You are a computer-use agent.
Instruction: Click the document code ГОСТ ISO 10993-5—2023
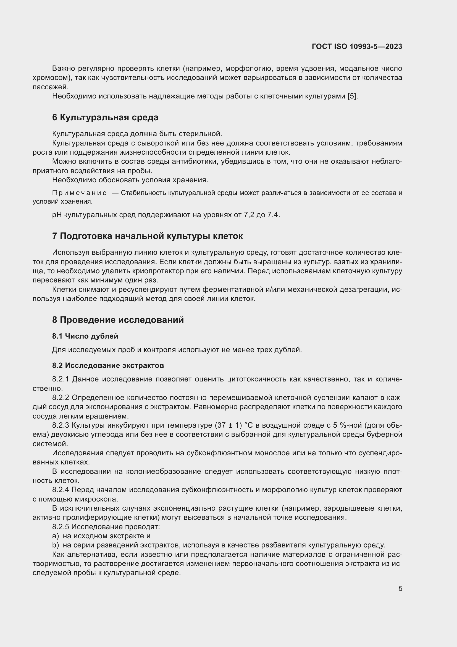point(357,46)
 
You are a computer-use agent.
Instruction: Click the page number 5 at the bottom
point(400,588)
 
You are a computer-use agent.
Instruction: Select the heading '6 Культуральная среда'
point(105,118)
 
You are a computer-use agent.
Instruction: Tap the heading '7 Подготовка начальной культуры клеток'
point(147,236)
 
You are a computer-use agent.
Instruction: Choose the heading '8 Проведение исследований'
point(118,320)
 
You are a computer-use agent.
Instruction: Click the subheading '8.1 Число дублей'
point(85,336)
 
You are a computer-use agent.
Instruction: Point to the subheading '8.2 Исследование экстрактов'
point(108,365)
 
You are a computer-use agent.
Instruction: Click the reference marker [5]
point(352,96)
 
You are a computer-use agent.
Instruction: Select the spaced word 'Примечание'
point(79,193)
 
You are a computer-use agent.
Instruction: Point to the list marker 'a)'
point(56,536)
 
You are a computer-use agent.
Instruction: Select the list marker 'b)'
point(56,545)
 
